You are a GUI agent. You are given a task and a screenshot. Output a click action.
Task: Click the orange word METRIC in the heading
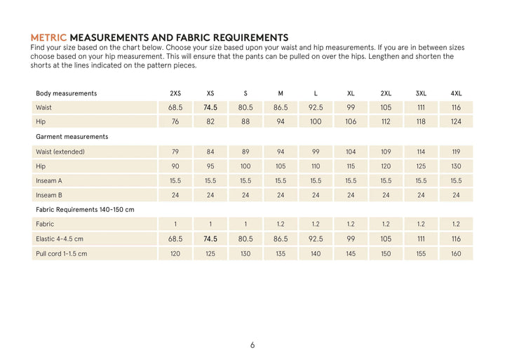click(49, 37)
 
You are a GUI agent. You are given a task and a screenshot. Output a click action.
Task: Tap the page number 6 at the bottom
click(252, 345)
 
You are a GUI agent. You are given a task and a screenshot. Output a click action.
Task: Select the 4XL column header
click(456, 93)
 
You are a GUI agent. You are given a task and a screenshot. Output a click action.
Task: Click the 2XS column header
click(175, 93)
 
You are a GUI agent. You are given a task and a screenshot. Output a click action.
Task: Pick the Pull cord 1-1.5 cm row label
click(62, 253)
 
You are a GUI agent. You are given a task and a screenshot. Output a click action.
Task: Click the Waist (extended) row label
click(60, 152)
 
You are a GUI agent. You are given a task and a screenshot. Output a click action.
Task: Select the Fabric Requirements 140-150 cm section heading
click(85, 209)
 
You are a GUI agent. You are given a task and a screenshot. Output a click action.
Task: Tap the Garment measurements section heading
click(72, 136)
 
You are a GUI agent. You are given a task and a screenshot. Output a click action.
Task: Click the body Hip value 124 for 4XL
click(456, 121)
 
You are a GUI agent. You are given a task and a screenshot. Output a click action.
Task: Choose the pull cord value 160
click(456, 253)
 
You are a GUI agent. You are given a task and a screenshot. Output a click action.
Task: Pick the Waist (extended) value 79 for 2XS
click(175, 152)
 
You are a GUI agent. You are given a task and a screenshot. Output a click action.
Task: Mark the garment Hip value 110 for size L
click(316, 166)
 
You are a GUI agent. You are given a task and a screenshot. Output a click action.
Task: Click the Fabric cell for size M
click(281, 224)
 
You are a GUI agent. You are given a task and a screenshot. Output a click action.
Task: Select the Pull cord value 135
click(281, 253)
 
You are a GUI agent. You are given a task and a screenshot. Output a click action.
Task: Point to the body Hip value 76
click(175, 121)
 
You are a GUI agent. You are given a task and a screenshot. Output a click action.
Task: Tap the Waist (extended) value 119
click(456, 152)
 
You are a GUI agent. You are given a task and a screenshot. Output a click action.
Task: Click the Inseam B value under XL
click(351, 195)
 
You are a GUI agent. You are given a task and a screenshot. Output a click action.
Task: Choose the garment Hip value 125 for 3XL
click(421, 166)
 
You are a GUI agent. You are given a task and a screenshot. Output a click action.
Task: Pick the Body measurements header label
click(67, 93)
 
